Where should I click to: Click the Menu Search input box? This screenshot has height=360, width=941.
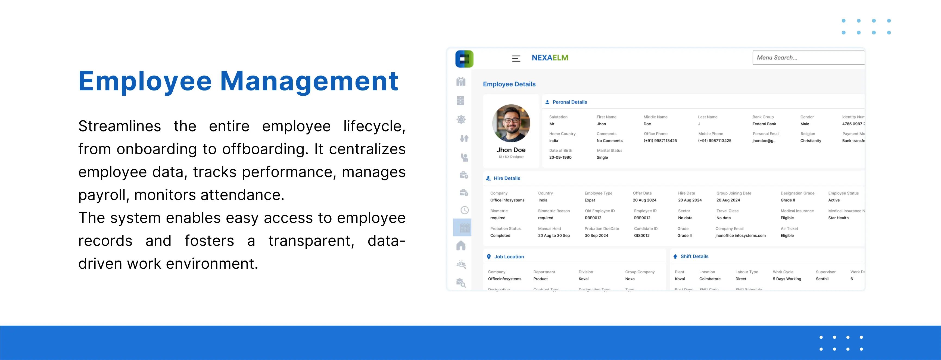point(808,58)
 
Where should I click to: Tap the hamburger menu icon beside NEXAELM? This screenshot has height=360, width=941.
point(516,58)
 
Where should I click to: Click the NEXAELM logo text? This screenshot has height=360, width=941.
point(550,58)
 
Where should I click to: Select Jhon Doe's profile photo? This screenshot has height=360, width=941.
point(511,123)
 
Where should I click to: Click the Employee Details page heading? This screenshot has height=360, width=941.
point(509,84)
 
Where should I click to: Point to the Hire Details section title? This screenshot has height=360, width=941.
point(507,178)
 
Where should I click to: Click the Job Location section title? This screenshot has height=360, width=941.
point(509,257)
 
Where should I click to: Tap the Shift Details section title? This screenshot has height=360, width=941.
point(694,256)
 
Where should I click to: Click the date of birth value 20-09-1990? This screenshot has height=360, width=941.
point(560,157)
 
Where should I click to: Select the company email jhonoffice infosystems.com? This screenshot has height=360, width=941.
point(740,236)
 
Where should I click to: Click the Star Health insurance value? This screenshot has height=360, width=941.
point(838,218)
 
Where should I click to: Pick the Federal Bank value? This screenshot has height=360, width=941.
point(764,124)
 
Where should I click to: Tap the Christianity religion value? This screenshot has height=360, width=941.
point(810,140)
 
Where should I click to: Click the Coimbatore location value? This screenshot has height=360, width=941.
point(709,279)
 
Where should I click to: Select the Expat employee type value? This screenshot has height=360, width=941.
point(590,200)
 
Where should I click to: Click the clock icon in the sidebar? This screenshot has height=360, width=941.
point(464,210)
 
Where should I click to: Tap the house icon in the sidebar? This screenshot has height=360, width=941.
point(461,246)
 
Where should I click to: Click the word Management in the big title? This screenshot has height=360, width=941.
point(309,81)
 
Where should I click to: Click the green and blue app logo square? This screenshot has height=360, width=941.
point(464,59)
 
